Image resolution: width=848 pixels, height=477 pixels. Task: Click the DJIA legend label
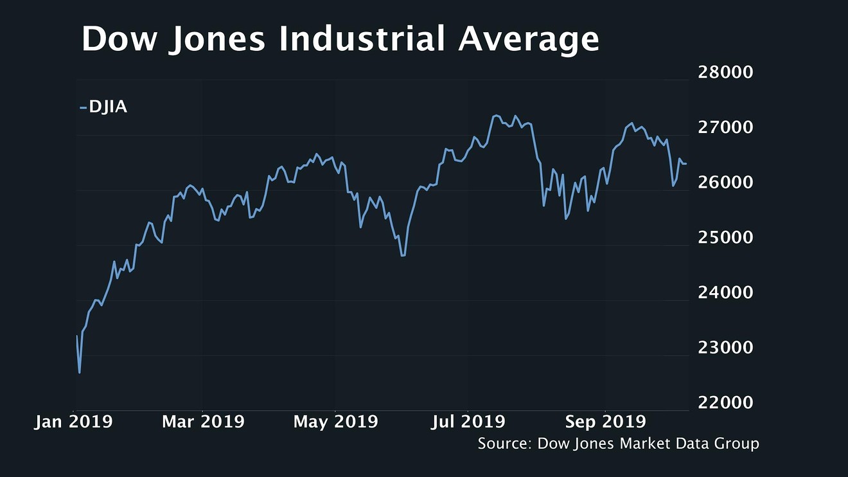coord(108,107)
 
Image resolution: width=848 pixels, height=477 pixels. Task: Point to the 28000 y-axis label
coord(725,72)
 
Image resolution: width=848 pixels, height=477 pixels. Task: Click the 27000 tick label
coord(725,127)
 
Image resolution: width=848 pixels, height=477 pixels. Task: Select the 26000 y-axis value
coord(725,183)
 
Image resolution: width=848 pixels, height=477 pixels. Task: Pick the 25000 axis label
coord(725,237)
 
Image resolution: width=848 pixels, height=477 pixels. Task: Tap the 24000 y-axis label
coord(725,292)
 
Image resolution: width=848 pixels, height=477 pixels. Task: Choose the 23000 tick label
coord(725,347)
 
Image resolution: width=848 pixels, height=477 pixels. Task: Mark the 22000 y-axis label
coord(725,402)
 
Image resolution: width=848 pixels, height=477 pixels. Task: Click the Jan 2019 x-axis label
coord(73,422)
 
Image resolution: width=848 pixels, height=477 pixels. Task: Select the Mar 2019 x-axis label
coord(203,422)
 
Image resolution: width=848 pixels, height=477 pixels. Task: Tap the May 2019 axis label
coord(336,422)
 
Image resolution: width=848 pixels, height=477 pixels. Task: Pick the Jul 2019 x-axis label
coord(468,422)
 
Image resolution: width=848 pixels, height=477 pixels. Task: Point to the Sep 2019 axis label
coord(605,422)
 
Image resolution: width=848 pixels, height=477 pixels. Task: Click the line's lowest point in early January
coord(80,372)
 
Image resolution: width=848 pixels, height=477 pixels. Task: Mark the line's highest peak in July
coord(495,116)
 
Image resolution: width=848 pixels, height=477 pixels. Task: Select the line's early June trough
coord(403,255)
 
